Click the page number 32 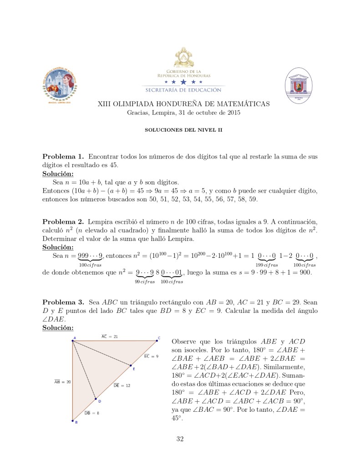click(x=180, y=439)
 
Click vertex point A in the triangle click(x=73, y=340)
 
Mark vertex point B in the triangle click(x=72, y=421)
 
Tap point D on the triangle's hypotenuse click(x=96, y=399)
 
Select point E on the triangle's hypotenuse click(x=131, y=366)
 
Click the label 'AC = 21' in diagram click(x=110, y=336)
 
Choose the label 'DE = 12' click(x=122, y=385)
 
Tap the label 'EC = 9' click(x=151, y=356)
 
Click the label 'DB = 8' click(x=91, y=413)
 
